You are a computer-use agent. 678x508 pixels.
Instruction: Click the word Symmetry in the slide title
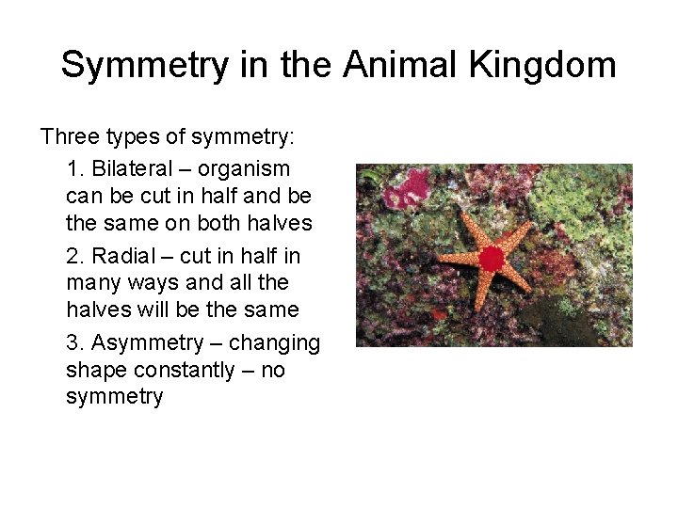pyautogui.click(x=143, y=66)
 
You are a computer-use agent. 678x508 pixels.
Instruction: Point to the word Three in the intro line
pyautogui.click(x=69, y=138)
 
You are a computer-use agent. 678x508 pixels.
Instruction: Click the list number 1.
pyautogui.click(x=73, y=169)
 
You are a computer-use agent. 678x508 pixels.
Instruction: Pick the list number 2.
pyautogui.click(x=73, y=256)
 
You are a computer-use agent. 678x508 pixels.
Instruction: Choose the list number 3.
pyautogui.click(x=73, y=343)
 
